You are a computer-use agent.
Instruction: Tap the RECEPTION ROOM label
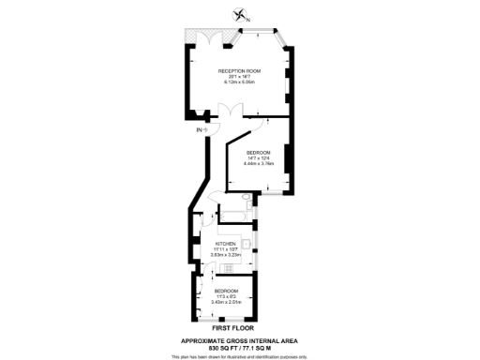click(x=239, y=72)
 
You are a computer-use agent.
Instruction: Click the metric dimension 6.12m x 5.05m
click(x=239, y=82)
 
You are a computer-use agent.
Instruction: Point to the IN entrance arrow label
click(x=201, y=128)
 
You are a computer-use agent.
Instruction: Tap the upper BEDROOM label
click(x=259, y=153)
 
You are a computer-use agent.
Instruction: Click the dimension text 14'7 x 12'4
click(x=259, y=158)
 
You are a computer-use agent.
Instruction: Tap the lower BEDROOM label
click(x=226, y=291)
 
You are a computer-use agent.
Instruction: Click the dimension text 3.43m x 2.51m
click(x=226, y=302)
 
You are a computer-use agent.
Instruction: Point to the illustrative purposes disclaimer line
click(x=240, y=357)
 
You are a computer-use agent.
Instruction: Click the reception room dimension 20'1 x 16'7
click(x=239, y=77)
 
